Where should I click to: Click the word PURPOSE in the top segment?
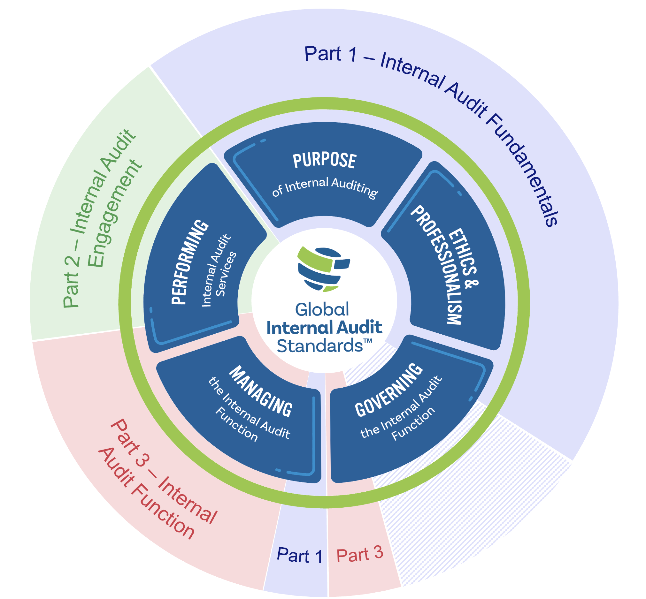[324, 160]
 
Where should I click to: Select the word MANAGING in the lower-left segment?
[260, 390]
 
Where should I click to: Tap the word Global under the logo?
[322, 309]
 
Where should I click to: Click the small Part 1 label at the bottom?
[299, 556]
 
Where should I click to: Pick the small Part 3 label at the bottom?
[360, 554]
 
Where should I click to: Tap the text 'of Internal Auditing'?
[325, 187]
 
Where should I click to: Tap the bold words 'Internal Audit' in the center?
[324, 327]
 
